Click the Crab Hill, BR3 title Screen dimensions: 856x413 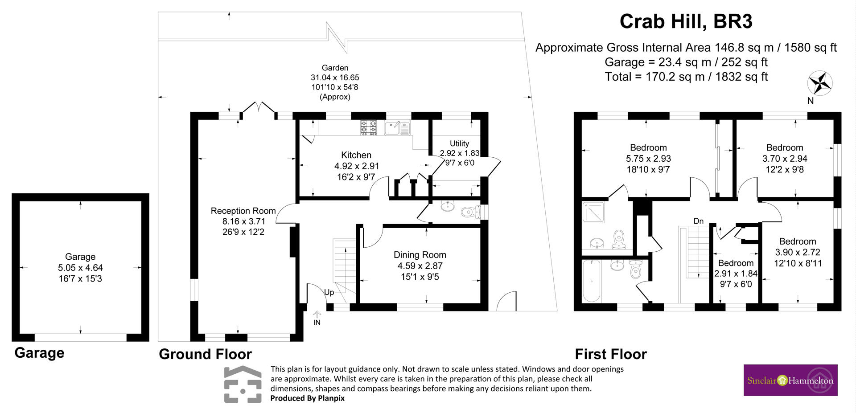[686, 21]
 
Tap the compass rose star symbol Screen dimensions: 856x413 [820, 83]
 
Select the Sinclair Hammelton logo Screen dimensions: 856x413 [790, 380]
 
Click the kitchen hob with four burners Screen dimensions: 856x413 [368, 127]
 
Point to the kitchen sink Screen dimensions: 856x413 [397, 128]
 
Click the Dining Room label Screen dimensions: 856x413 [420, 255]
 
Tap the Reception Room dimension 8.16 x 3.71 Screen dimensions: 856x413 [244, 221]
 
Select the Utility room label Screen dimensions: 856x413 [459, 143]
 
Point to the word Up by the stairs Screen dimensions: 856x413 [329, 293]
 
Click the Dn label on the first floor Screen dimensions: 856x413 [699, 221]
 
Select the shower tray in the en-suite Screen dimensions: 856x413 [593, 212]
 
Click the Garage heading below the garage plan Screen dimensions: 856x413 [39, 353]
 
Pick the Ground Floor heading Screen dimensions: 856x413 [206, 354]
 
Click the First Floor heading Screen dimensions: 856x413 [611, 354]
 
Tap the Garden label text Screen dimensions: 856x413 [335, 68]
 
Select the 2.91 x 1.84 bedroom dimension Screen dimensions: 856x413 [736, 274]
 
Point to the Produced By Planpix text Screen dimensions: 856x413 [308, 398]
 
